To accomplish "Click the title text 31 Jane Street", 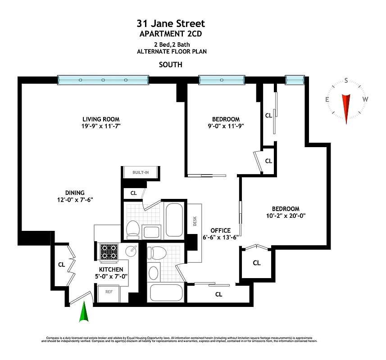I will click(171, 23).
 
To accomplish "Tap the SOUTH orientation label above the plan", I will click(171, 64).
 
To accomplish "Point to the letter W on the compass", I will click(365, 99).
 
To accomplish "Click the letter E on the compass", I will click(327, 99).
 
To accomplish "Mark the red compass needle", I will click(346, 108).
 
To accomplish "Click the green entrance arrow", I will click(83, 313).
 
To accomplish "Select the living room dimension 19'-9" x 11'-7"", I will click(98, 126).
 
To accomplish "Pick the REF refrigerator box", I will click(109, 292).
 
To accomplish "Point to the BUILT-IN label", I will click(141, 172).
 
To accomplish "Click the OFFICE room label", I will click(220, 230).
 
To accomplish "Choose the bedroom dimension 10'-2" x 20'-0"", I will click(286, 216).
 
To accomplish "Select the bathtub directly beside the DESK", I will click(173, 219).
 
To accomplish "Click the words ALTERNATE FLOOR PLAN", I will click(171, 52).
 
